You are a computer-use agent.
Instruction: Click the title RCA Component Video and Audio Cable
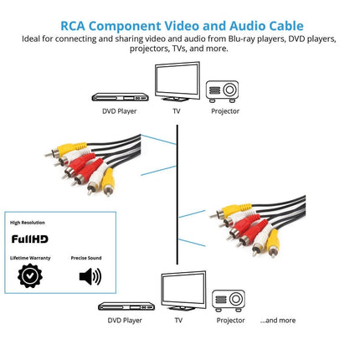click(x=180, y=26)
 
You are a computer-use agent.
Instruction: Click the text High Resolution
click(x=28, y=223)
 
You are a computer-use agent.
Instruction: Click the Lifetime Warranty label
click(x=29, y=258)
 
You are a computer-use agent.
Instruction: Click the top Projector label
click(x=225, y=111)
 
